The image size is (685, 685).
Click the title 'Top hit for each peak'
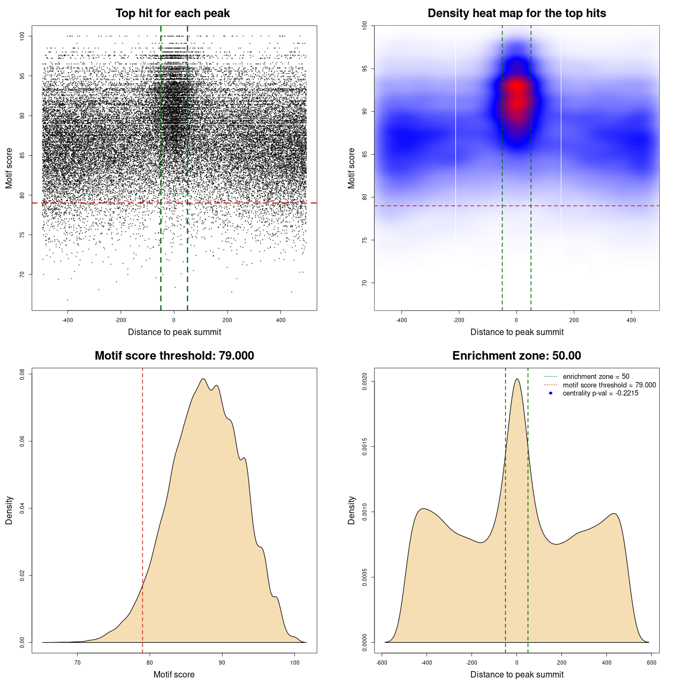(172, 13)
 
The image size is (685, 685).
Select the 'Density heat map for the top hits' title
(516, 13)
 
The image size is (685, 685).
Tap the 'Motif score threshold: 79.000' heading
(174, 356)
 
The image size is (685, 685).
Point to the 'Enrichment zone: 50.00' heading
(516, 356)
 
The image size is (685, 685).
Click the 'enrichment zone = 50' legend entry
(596, 377)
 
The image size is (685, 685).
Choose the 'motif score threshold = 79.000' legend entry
(609, 385)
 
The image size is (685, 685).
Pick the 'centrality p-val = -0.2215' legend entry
(600, 393)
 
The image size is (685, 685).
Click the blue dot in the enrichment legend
(551, 393)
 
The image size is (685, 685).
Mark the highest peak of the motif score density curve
(203, 379)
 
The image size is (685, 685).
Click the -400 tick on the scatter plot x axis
(67, 320)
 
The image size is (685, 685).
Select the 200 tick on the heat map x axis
(574, 320)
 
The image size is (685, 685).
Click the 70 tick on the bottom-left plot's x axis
(78, 663)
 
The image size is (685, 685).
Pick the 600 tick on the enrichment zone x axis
(651, 663)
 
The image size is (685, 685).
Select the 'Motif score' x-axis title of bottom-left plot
(174, 674)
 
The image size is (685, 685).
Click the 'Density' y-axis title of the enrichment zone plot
(352, 510)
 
